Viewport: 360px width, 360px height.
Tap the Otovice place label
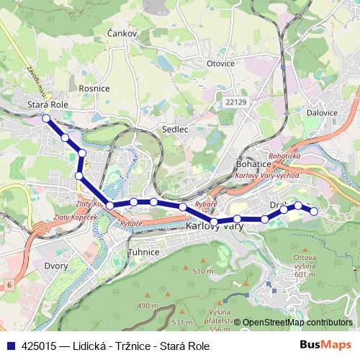220,63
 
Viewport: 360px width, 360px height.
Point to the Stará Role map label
47,104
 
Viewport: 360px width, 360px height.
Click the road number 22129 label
235,104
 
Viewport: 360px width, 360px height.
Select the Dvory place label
55,266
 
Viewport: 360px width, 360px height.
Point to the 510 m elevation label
203,271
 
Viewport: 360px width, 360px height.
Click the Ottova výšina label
305,266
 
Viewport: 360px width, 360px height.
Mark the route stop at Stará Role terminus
46,118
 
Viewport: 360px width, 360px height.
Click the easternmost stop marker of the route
314,210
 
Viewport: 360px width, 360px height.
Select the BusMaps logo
325,346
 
